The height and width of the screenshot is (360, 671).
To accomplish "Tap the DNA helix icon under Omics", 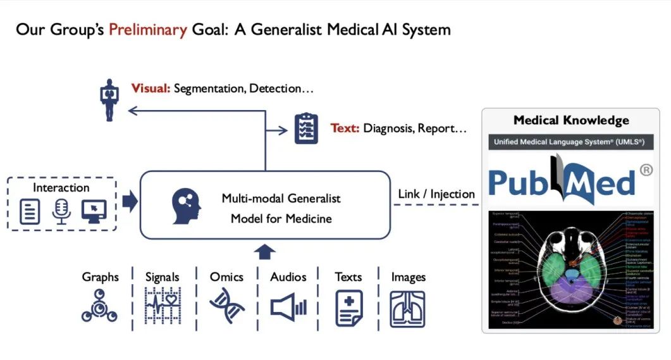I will [226, 305].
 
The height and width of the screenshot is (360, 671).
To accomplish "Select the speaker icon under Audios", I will [288, 307].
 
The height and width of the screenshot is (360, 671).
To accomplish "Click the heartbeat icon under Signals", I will [162, 306].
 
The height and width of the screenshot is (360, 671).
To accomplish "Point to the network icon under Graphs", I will [100, 306].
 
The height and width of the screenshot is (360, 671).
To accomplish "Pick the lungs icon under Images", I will [407, 308].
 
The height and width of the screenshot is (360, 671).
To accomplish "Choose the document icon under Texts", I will [348, 307].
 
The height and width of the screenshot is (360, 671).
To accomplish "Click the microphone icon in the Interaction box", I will [61, 211].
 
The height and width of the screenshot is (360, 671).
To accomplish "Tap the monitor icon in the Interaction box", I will [94, 211].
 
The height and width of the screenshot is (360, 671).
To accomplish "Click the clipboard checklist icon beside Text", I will [306, 128].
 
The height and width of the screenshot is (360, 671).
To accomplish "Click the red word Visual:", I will [151, 88].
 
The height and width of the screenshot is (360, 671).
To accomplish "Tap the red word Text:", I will [345, 128].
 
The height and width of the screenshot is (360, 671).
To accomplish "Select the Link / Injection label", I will [436, 194].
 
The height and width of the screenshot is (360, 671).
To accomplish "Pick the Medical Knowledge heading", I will [571, 120].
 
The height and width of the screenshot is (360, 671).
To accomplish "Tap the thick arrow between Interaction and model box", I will [129, 202].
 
